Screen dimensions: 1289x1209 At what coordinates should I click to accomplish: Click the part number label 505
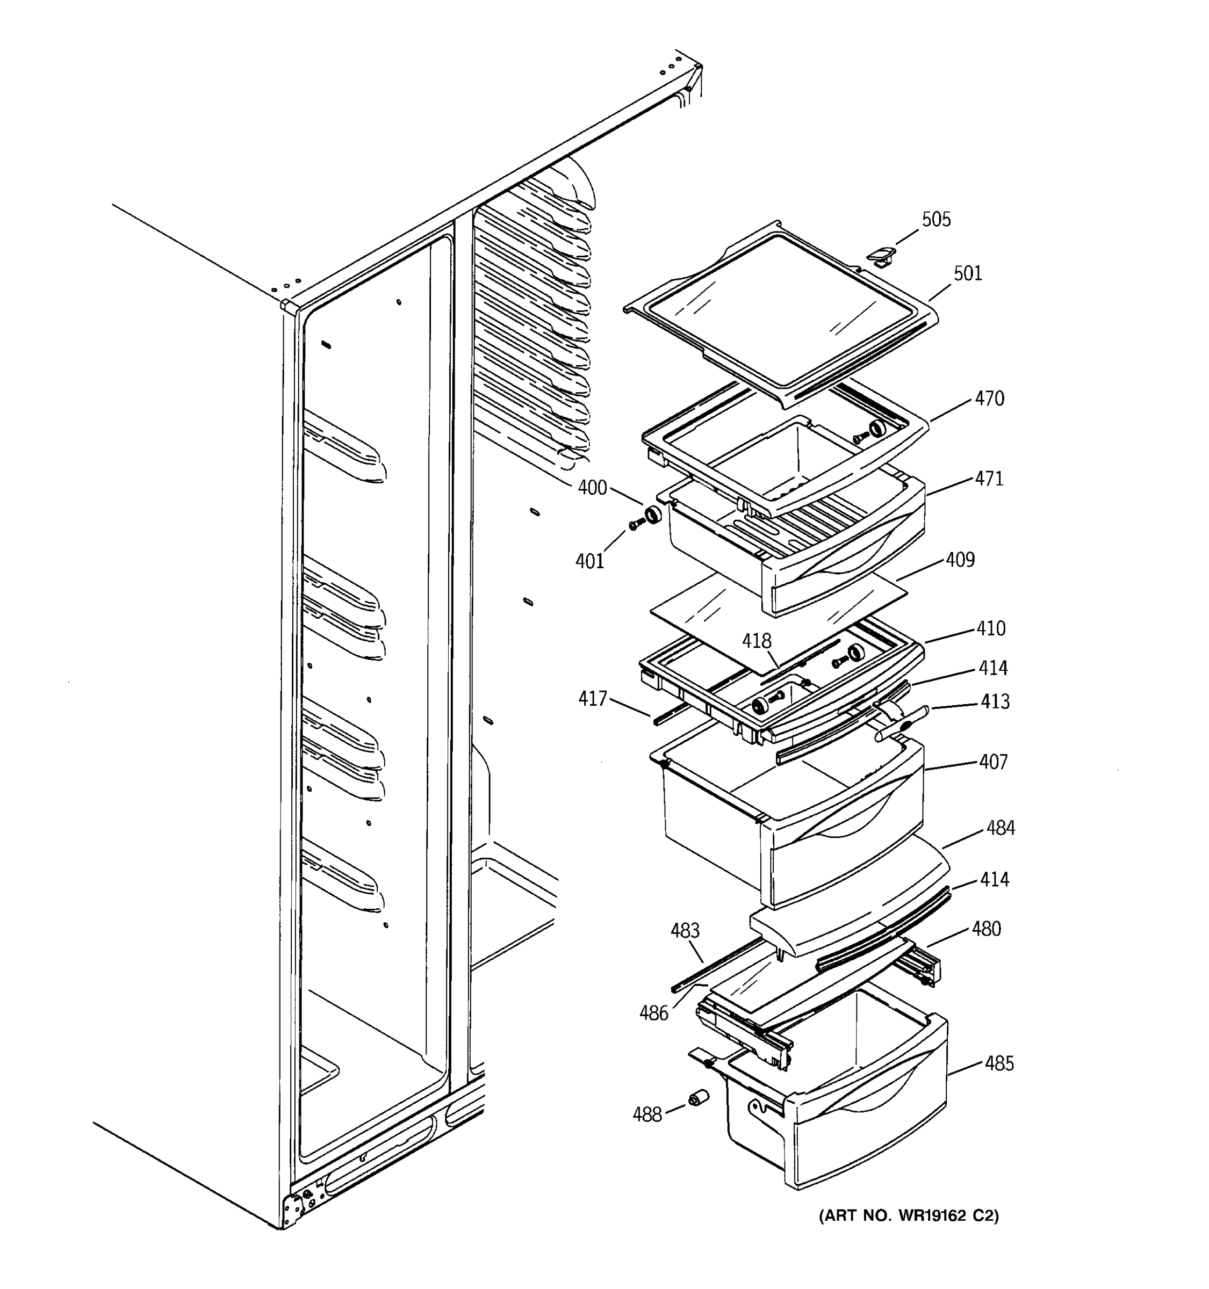[x=936, y=220]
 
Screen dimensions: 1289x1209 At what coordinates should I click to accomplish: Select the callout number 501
[x=968, y=273]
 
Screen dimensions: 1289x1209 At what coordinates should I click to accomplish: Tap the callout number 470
[x=989, y=398]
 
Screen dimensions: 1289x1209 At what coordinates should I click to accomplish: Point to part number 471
[x=989, y=479]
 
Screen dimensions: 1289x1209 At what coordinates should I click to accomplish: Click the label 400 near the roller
[x=592, y=488]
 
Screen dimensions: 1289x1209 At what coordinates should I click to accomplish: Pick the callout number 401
[x=589, y=561]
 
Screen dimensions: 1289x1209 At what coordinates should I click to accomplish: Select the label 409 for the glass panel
[x=960, y=560]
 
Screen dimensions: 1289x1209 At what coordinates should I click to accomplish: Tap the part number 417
[x=592, y=698]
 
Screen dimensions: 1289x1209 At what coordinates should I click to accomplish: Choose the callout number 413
[x=995, y=701]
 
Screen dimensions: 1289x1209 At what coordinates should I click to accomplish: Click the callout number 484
[x=1000, y=828]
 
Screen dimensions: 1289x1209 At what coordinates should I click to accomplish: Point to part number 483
[x=685, y=930]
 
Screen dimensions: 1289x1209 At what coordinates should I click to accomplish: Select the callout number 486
[x=653, y=1013]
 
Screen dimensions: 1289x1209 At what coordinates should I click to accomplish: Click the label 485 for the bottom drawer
[x=999, y=1063]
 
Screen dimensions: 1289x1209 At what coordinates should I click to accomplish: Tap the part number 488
[x=646, y=1114]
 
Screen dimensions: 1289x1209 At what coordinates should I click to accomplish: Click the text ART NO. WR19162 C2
[x=909, y=1216]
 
